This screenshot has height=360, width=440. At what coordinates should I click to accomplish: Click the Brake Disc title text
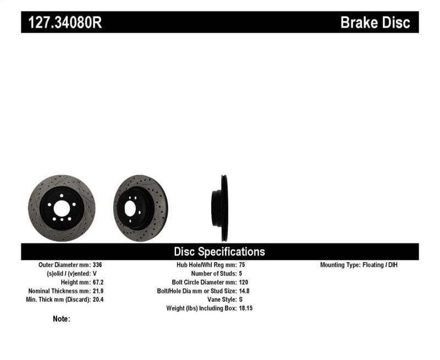(375, 23)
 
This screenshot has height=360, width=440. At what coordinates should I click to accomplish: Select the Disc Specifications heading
(219, 252)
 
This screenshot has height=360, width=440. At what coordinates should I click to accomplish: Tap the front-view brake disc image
(62, 208)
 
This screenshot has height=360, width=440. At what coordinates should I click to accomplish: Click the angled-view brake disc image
(140, 208)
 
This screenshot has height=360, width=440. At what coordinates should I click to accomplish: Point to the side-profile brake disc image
(222, 208)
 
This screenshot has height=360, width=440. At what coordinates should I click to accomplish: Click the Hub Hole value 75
(243, 265)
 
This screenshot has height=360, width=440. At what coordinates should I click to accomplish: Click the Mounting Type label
(339, 265)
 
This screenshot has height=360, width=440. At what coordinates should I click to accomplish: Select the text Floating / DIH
(380, 265)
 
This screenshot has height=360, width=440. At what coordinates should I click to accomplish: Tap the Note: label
(62, 319)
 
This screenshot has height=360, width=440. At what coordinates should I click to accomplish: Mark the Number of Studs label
(213, 273)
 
